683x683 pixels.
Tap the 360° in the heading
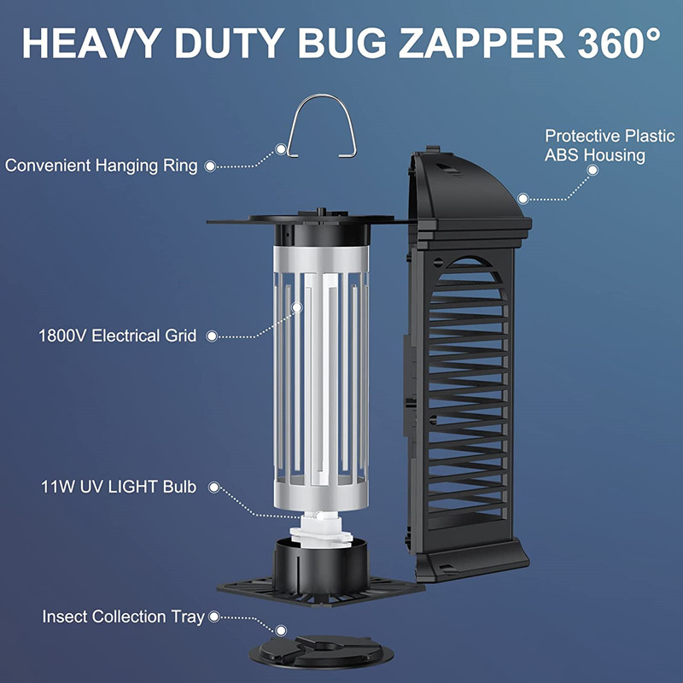pos(618,43)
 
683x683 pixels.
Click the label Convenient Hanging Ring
pos(101,166)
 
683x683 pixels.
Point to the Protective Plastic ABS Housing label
pos(610,145)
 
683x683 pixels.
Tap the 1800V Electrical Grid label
pos(117,336)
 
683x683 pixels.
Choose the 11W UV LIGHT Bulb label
pos(119,487)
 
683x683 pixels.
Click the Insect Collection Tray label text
pos(123,616)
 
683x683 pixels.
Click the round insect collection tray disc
pos(321,652)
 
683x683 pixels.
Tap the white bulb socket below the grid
pos(321,528)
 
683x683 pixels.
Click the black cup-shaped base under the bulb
pos(321,566)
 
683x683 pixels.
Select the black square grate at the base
pos(321,591)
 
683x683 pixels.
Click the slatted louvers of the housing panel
pos(468,392)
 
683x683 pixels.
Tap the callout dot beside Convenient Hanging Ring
pos(210,166)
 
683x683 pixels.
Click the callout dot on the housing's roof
pos(523,199)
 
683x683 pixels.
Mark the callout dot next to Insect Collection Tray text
pos(214,616)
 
